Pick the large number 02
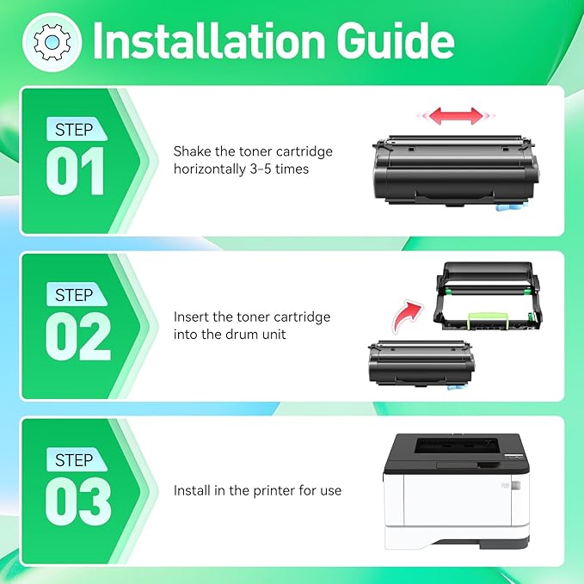77,336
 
